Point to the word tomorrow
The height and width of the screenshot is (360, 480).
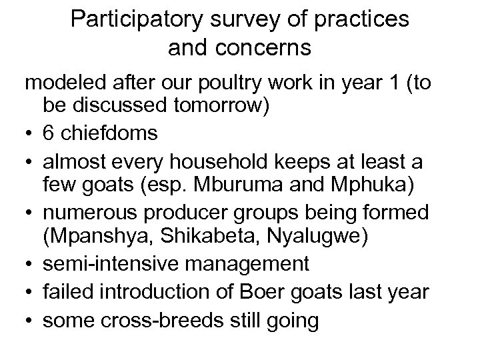[214, 109]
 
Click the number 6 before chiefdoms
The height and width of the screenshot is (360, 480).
[49, 133]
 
